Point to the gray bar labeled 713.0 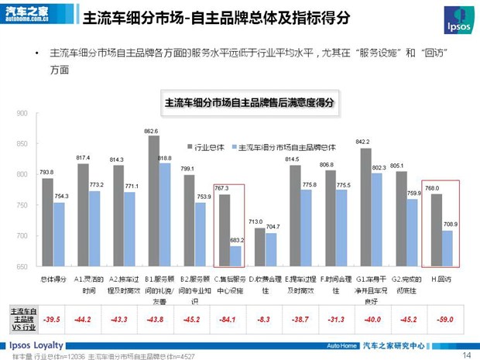click(x=259, y=247)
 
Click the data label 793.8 click(x=46, y=172)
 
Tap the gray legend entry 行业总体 click(x=208, y=146)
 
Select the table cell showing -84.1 click(x=228, y=319)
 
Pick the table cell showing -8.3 click(x=263, y=319)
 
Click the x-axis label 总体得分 click(x=52, y=277)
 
